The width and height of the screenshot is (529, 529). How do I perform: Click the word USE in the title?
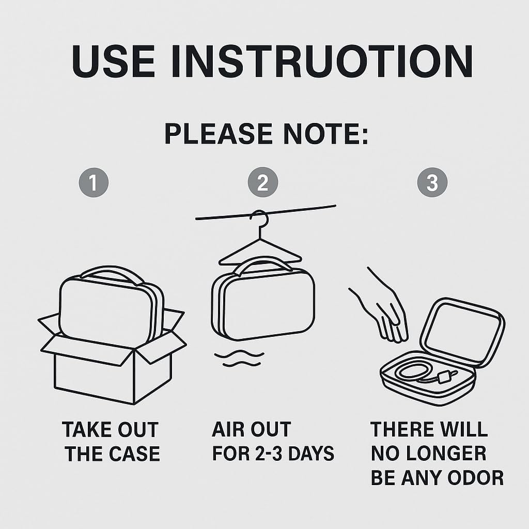113,61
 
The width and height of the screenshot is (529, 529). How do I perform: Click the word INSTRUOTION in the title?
322,61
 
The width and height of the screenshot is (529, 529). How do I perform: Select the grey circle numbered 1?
94,182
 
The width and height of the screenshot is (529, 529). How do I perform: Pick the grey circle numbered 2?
263,182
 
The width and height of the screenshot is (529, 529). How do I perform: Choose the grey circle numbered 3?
432,182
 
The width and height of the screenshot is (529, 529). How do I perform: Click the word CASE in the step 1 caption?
134,454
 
